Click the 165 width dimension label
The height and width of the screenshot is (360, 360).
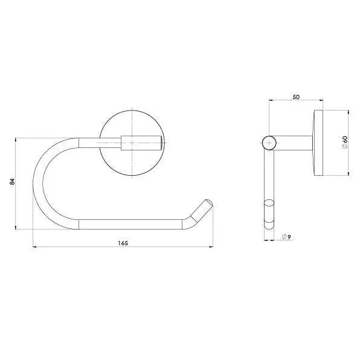[x=123, y=243]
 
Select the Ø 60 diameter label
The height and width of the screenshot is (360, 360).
[x=344, y=143]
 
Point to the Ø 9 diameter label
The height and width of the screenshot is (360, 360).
[x=287, y=236]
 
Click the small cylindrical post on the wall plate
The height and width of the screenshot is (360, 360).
[x=143, y=143]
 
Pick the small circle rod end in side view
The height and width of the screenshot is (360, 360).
[x=269, y=143]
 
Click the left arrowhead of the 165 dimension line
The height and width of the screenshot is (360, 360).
[x=34, y=247]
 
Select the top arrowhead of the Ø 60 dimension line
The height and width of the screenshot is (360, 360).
[x=348, y=112]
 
